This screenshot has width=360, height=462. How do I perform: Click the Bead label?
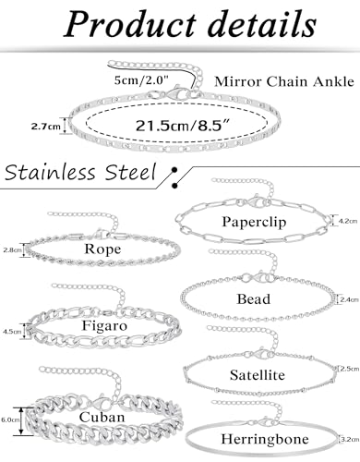(253, 299)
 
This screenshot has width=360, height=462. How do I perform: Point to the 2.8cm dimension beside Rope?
(12, 250)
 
